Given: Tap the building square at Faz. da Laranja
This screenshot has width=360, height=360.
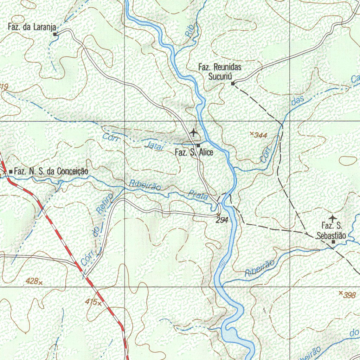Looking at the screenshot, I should tap(55, 34).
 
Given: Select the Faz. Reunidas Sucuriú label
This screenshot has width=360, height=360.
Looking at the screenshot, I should tap(220, 71).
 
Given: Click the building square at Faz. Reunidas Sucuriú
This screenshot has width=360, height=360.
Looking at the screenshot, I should tap(233, 83).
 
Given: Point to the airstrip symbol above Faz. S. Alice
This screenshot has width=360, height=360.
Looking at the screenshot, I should tap(193, 133).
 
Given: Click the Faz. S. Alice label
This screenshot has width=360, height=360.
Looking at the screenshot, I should tap(194, 153).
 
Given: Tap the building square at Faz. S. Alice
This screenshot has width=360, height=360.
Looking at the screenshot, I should tap(198, 145).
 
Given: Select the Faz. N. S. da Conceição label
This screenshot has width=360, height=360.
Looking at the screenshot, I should tap(51, 172).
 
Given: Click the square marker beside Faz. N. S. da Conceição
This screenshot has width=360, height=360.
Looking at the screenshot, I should tap(11, 172).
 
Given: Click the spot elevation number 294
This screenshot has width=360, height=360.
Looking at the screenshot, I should tap(223, 220).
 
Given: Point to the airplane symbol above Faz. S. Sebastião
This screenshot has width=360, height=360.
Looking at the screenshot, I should tap(332, 218).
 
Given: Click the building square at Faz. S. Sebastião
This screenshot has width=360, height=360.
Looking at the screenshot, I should tap(333, 242).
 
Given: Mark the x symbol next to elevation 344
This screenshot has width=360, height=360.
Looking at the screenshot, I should tap(252, 133).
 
